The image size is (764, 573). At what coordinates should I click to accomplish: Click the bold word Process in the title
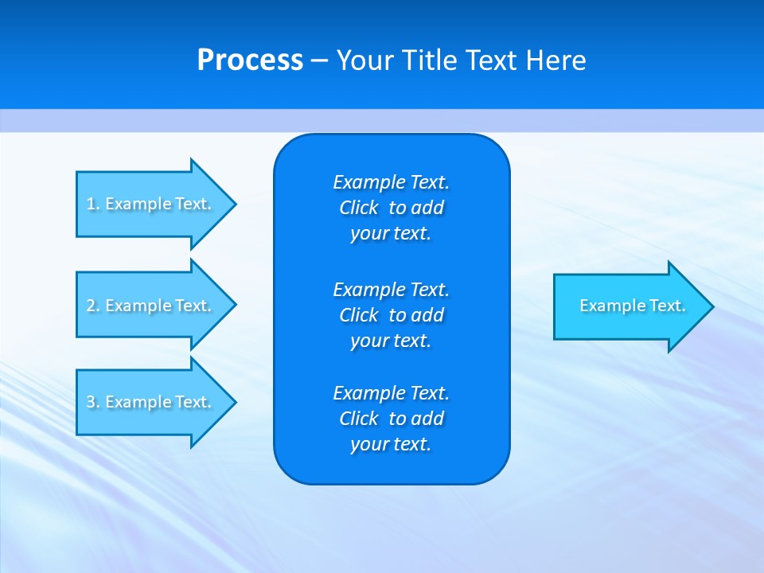(250, 60)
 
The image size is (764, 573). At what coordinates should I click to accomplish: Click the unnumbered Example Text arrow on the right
(632, 306)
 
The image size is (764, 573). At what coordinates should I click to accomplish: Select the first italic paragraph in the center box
(391, 208)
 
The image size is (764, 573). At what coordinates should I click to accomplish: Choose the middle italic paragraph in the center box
(391, 314)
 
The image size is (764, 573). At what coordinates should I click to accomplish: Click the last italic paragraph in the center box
(391, 419)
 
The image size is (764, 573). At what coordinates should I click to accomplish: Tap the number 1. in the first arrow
(93, 204)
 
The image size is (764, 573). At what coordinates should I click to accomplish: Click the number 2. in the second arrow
(93, 306)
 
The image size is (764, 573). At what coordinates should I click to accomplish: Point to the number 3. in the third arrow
(93, 402)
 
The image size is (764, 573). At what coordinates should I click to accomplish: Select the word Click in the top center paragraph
(359, 208)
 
